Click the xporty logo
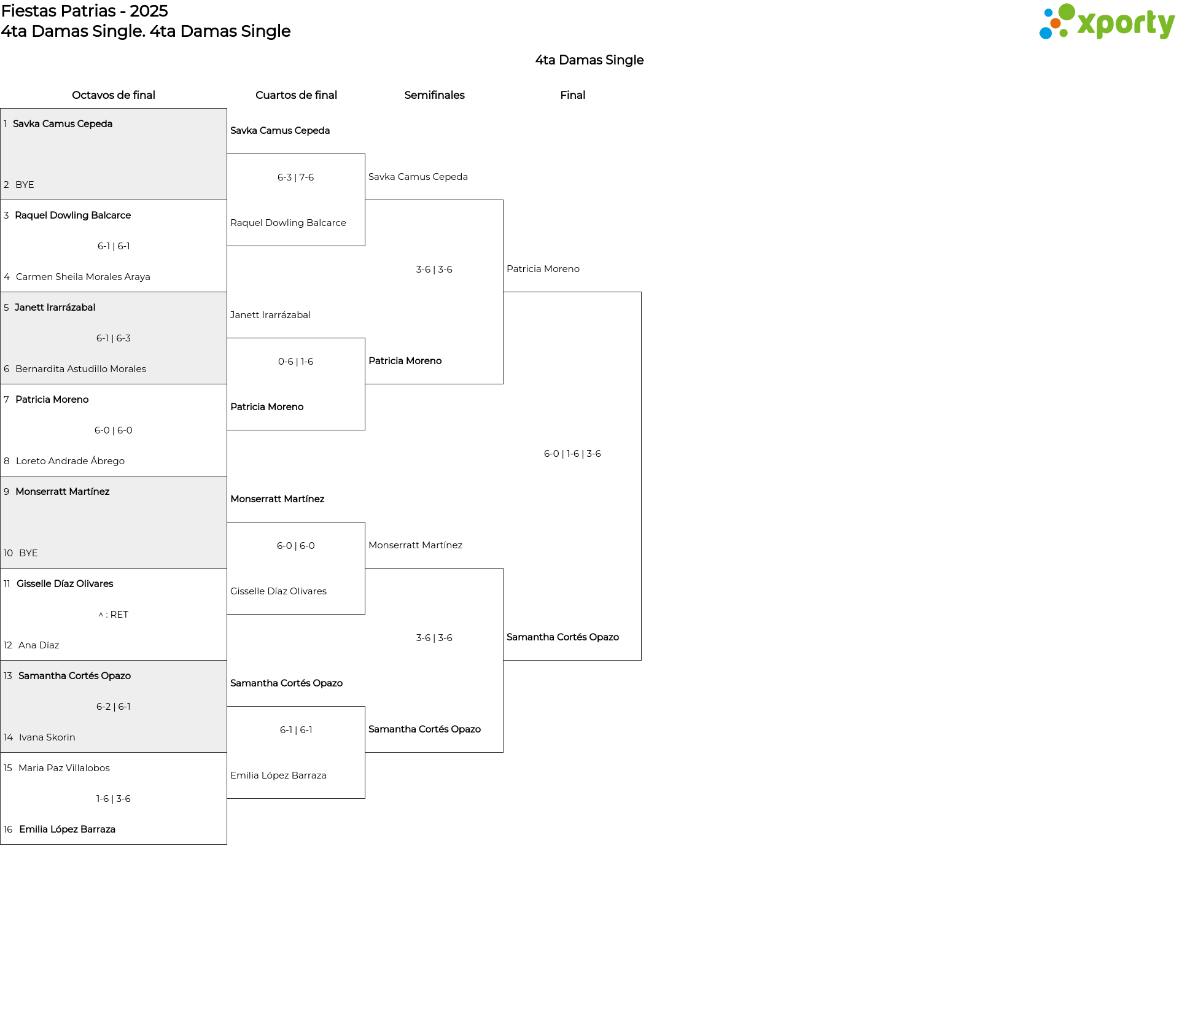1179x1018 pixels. (x=1107, y=21)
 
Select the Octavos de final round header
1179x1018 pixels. (x=114, y=95)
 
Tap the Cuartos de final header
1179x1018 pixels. (x=296, y=95)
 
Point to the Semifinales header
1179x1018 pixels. (x=434, y=95)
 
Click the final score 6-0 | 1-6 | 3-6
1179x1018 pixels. (x=572, y=454)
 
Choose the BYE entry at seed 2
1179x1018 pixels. (x=25, y=185)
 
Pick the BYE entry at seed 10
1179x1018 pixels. (x=28, y=553)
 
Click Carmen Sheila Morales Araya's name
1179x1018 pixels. (x=83, y=277)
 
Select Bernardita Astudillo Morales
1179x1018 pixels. (x=80, y=369)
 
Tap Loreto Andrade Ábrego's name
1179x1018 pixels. (x=70, y=461)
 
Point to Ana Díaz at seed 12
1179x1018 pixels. (x=39, y=645)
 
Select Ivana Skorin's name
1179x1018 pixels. (x=47, y=737)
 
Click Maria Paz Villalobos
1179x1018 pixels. (x=64, y=768)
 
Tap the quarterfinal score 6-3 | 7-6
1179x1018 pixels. (x=295, y=177)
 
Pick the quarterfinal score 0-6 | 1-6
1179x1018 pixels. (x=295, y=362)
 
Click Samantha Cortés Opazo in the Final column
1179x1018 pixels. (x=562, y=637)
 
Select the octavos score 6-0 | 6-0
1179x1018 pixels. (x=114, y=430)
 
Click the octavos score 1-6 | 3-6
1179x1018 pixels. (x=114, y=799)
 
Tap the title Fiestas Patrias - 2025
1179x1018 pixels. (x=85, y=11)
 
